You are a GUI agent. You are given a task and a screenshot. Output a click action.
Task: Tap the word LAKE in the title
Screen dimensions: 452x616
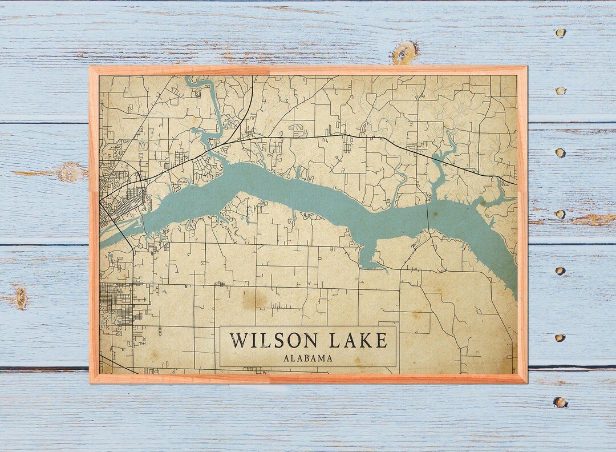pyautogui.click(x=358, y=341)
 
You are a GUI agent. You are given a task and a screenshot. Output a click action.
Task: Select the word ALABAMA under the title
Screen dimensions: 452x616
pyautogui.click(x=308, y=358)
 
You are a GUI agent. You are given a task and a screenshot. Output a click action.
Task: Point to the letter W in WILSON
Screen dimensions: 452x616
pyautogui.click(x=238, y=341)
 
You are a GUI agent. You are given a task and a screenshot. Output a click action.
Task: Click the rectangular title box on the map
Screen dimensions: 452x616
pyautogui.click(x=308, y=346)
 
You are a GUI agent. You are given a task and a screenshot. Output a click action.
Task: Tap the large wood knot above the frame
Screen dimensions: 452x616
pyautogui.click(x=404, y=53)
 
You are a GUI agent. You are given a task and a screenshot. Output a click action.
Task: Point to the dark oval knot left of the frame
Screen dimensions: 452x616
pyautogui.click(x=21, y=298)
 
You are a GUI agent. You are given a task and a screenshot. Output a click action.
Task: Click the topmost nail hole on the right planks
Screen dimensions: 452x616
pyautogui.click(x=561, y=33)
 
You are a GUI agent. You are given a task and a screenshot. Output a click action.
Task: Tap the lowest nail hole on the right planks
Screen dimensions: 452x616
pyautogui.click(x=560, y=402)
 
